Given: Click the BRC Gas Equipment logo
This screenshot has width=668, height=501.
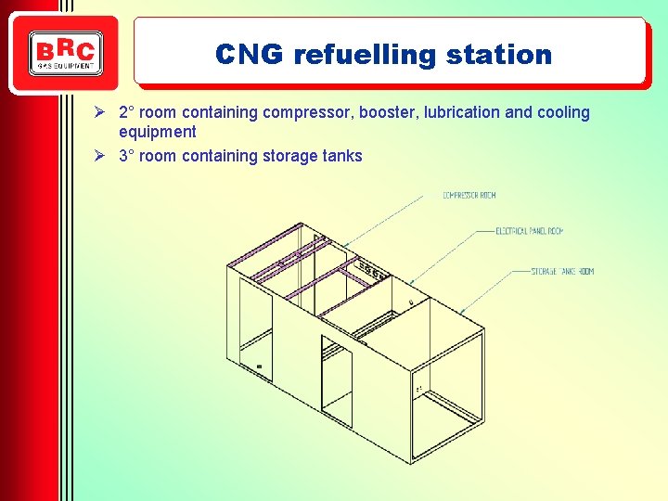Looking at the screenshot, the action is coord(65,54).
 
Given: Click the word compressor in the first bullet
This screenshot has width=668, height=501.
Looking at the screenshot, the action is coord(306,112).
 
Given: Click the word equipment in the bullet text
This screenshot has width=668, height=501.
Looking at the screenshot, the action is coord(158,132).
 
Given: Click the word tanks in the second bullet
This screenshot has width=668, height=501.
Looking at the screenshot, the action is coord(340,156).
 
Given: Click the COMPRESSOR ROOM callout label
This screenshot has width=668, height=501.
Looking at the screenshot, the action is coord(469,195).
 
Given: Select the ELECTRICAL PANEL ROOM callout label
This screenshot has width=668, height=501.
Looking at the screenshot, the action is coord(529,230).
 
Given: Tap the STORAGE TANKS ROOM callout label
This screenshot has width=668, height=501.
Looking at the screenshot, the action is coord(561,271).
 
